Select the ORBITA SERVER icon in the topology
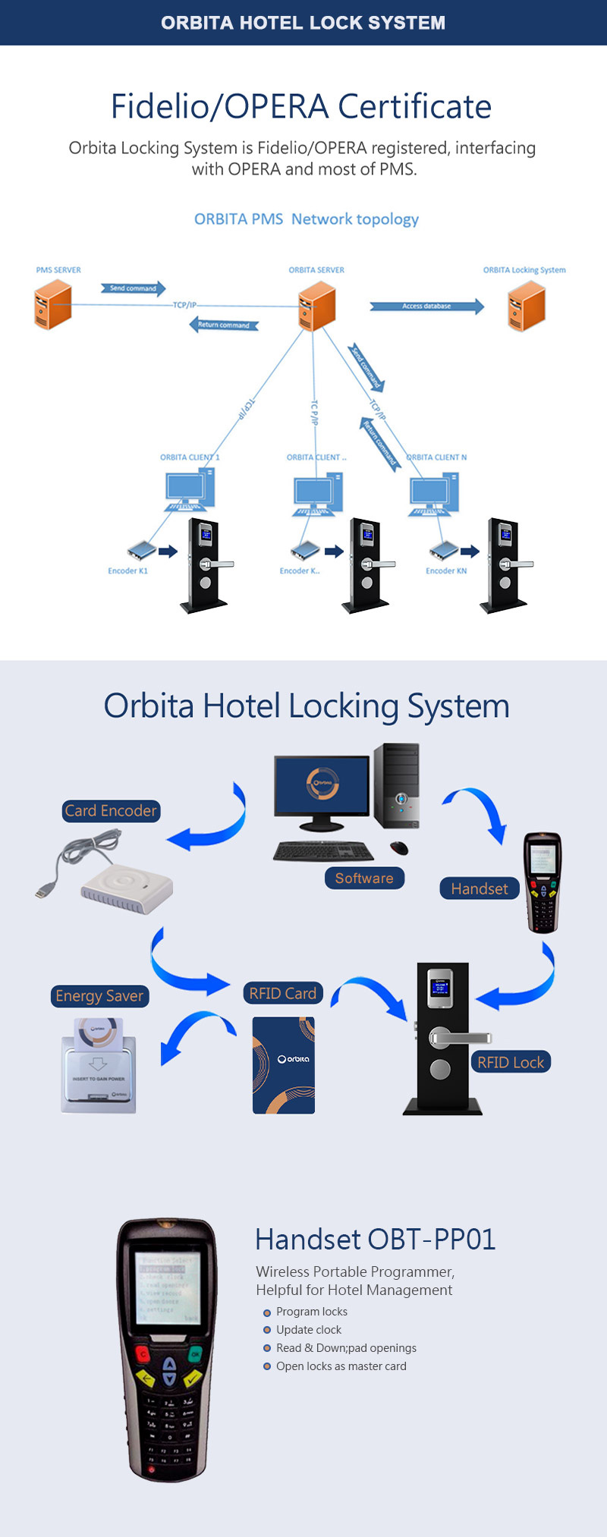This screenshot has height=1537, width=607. pyautogui.click(x=317, y=306)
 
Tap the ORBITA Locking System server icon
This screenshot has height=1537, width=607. pyautogui.click(x=527, y=306)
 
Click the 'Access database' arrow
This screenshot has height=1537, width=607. pyautogui.click(x=426, y=306)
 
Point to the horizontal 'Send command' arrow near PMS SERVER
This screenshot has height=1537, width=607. pyautogui.click(x=133, y=288)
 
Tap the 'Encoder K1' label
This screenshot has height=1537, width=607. pyautogui.click(x=127, y=571)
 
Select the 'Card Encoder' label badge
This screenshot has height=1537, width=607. pyautogui.click(x=111, y=811)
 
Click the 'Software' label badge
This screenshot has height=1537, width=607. pyautogui.click(x=364, y=879)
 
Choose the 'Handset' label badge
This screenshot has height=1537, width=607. pyautogui.click(x=479, y=888)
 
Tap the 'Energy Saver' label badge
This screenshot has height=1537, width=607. pyautogui.click(x=99, y=996)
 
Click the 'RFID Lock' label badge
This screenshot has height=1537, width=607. pyautogui.click(x=511, y=1062)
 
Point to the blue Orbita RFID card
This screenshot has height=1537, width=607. pyautogui.click(x=284, y=1065)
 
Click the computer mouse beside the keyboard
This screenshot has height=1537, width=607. pyautogui.click(x=399, y=847)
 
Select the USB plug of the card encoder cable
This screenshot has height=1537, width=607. pyautogui.click(x=43, y=890)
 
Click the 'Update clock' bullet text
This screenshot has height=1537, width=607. pyautogui.click(x=309, y=1330)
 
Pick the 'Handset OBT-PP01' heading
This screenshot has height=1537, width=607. pyautogui.click(x=376, y=1240)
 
